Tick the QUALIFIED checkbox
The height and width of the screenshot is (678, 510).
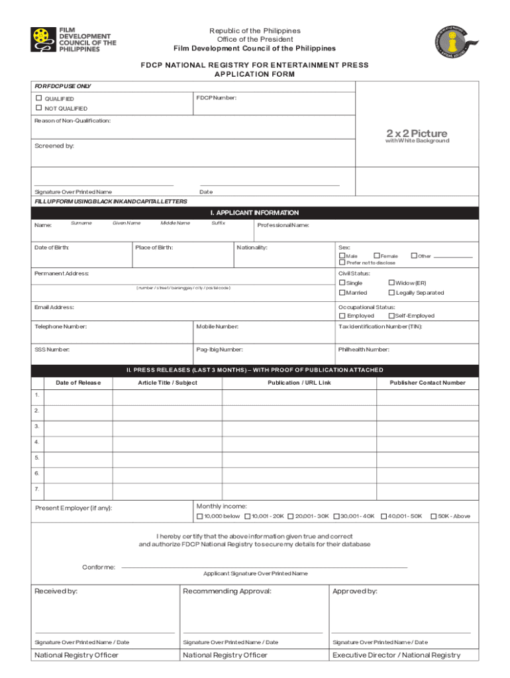click(x=39, y=98)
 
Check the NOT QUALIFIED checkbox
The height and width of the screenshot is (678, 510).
click(x=39, y=108)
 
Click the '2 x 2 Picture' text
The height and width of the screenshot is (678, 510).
click(x=417, y=134)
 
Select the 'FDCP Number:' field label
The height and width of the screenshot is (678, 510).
click(x=216, y=98)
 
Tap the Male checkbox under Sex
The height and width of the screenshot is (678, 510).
click(x=342, y=256)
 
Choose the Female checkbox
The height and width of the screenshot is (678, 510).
click(x=377, y=256)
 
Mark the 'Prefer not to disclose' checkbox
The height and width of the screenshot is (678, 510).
click(x=342, y=263)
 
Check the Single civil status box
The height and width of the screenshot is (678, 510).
click(x=342, y=283)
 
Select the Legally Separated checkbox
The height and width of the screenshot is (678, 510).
click(x=391, y=293)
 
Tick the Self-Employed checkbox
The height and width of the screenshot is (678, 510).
click(x=391, y=316)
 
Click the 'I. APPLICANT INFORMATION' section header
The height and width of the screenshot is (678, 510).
click(x=255, y=213)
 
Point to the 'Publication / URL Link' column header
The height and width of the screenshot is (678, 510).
click(x=299, y=383)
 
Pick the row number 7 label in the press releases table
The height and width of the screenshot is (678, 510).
click(x=37, y=489)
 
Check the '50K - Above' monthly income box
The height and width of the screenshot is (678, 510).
click(x=434, y=516)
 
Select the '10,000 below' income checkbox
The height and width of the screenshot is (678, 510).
click(x=200, y=516)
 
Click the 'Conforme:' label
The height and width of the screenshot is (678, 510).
click(x=99, y=567)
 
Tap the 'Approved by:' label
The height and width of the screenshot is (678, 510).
click(x=355, y=591)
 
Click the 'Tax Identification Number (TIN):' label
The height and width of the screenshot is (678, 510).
click(x=380, y=326)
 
